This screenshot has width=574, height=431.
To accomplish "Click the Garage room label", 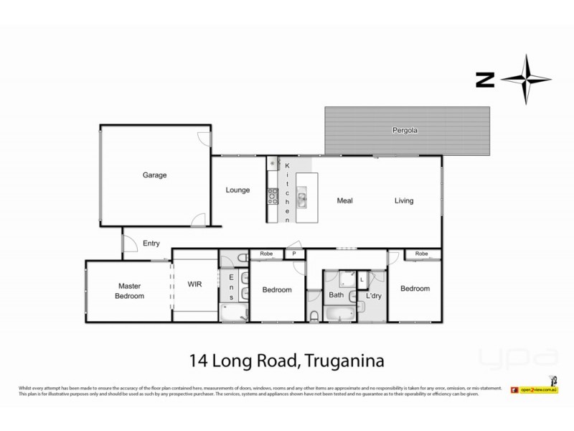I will (x=154, y=175).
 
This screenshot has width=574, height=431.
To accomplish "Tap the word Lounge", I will (x=237, y=190).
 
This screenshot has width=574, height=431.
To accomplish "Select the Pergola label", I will (x=405, y=131).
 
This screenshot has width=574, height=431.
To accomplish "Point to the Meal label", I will (x=345, y=201).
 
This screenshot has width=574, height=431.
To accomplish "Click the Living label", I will (x=403, y=201).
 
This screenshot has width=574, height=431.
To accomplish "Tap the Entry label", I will (x=151, y=244).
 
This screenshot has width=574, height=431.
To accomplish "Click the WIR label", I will (x=194, y=284).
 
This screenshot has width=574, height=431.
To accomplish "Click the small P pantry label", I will (x=293, y=254).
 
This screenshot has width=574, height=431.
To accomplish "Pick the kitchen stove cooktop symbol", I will (x=273, y=193).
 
